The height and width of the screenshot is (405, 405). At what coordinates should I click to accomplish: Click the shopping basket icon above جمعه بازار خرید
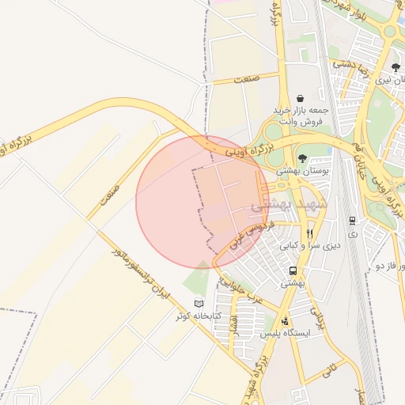coord(301,98)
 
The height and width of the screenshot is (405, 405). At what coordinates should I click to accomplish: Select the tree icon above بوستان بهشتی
coord(302,158)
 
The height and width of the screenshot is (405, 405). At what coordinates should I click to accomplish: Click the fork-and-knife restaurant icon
coord(310,233)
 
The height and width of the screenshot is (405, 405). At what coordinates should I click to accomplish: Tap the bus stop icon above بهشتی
coord(293,271)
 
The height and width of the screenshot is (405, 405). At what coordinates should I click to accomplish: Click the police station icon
coord(286,321)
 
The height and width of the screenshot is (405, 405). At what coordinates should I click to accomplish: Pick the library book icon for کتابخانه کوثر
coord(199,304)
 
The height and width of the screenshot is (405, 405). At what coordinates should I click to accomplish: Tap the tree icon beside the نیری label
coord(396,67)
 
